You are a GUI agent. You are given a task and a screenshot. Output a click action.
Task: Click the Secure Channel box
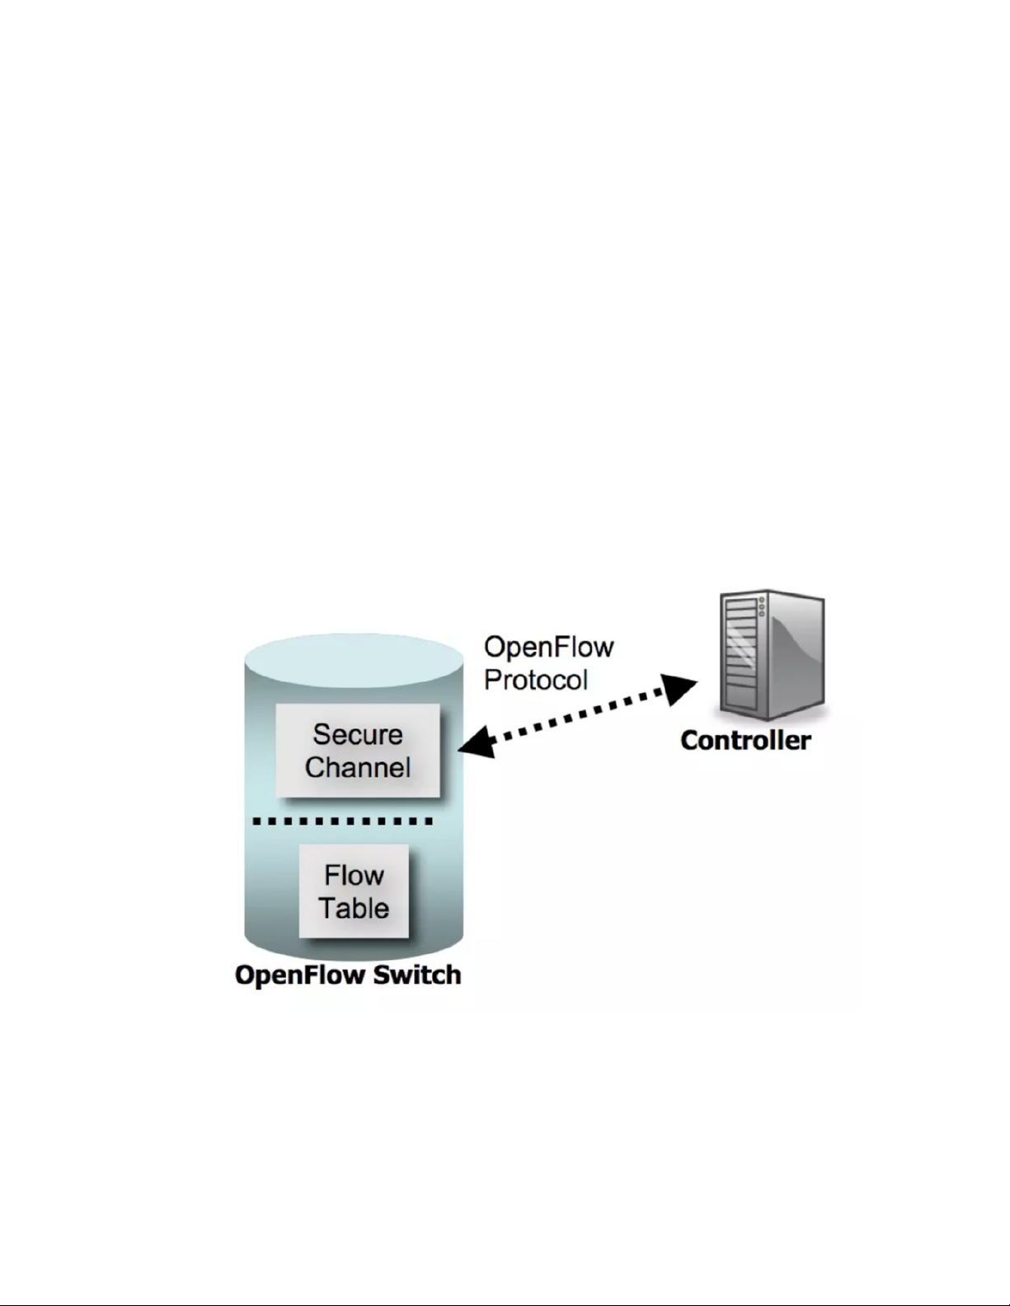pos(357,750)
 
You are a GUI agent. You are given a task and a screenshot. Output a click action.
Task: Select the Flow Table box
pos(354,891)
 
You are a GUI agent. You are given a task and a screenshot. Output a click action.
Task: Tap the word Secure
pos(358,734)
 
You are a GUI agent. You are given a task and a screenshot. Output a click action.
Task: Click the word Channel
pos(358,767)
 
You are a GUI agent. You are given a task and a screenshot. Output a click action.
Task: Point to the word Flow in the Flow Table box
pos(354,875)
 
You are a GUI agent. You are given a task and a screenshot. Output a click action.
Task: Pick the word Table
pos(354,908)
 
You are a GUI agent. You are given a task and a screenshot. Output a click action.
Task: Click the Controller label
pos(745,740)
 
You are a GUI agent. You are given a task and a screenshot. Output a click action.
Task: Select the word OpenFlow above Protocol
pos(548,647)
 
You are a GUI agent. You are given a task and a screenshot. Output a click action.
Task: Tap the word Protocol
pos(536,681)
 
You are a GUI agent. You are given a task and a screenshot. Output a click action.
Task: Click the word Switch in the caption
pos(417,975)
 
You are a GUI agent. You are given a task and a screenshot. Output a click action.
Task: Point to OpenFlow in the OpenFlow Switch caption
pos(299,975)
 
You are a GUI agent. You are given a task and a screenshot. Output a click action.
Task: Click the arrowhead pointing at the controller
pos(679,689)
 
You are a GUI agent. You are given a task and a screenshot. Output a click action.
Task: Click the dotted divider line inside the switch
pos(343,822)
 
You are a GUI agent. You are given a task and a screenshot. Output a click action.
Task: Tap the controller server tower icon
pos(771,655)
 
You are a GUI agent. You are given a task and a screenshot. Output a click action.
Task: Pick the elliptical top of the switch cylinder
pos(354,659)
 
